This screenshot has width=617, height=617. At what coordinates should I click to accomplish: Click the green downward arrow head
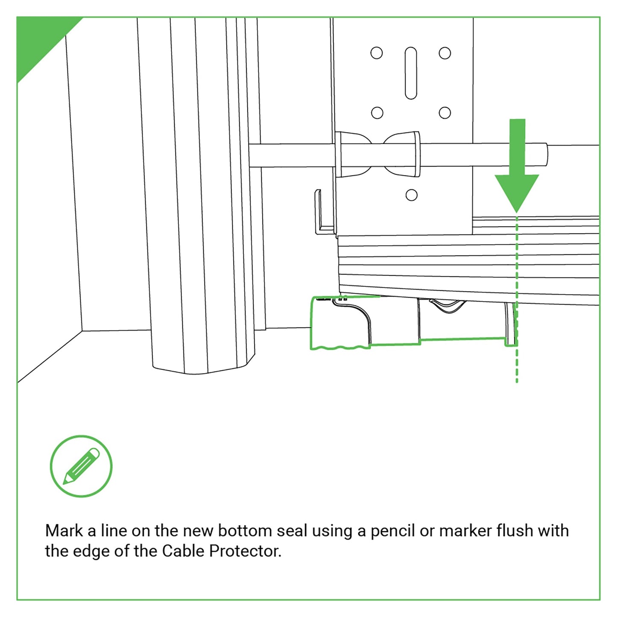click(x=517, y=190)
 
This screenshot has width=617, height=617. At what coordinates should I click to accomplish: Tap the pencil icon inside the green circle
click(x=81, y=466)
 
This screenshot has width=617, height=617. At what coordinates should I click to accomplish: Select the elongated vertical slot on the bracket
click(x=411, y=73)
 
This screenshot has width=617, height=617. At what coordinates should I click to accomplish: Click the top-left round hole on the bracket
click(x=377, y=53)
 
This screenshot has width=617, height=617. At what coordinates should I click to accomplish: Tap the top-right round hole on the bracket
click(x=445, y=53)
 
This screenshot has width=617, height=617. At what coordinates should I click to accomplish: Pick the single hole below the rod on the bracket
click(x=411, y=195)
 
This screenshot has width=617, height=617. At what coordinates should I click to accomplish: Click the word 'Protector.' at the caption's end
click(x=245, y=551)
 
